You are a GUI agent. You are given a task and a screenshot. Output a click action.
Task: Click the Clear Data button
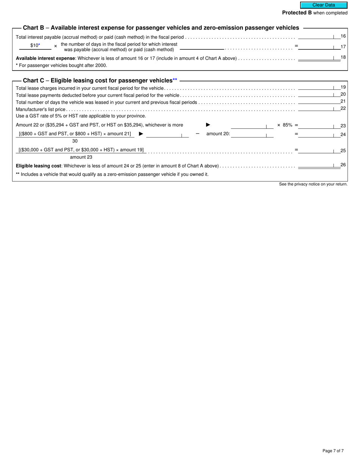click(324, 5)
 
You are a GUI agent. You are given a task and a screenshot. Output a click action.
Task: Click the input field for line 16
click(319, 36)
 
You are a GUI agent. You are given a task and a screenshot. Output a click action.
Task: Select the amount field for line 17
click(319, 47)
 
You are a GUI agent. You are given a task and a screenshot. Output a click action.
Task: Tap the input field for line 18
click(319, 58)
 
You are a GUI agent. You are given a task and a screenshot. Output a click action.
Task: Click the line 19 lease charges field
click(319, 88)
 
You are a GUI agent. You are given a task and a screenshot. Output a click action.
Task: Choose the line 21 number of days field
click(319, 102)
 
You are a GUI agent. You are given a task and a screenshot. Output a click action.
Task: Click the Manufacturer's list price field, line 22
click(319, 109)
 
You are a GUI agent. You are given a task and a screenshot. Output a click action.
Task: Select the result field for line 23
click(319, 125)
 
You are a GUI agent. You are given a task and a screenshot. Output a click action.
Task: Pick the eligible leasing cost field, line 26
click(319, 165)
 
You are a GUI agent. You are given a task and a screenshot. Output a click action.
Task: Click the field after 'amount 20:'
click(252, 134)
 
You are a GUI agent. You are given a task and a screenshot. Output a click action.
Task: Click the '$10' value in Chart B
click(35, 46)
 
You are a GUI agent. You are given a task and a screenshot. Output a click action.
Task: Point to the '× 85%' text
click(285, 125)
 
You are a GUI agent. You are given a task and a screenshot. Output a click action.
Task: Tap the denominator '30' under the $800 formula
click(75, 141)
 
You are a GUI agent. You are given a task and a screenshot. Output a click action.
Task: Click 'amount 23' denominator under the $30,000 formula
click(81, 157)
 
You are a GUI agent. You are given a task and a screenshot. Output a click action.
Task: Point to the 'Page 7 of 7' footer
click(333, 451)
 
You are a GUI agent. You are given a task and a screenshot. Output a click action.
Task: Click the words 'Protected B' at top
click(297, 13)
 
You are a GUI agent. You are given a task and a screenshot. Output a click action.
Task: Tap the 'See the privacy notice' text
click(313, 184)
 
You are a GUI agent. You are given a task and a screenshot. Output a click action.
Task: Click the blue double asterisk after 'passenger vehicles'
click(175, 80)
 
